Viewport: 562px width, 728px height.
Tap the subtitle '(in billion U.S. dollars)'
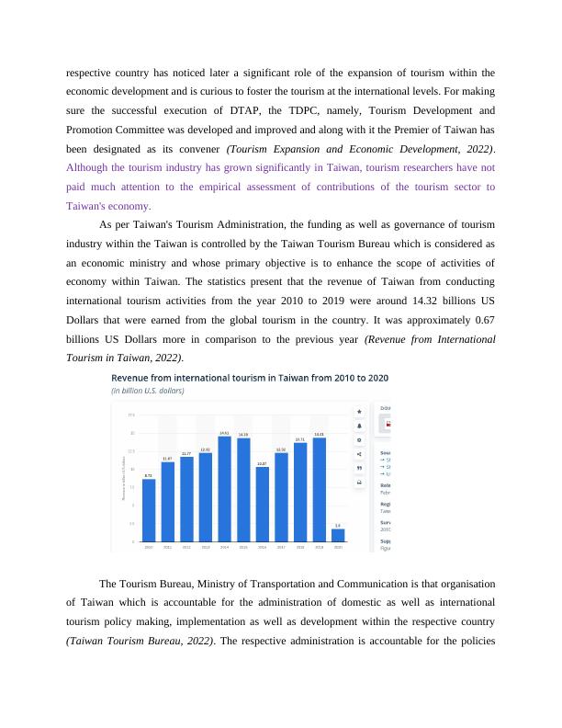tap(148, 390)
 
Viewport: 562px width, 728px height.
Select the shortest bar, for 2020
tap(338, 535)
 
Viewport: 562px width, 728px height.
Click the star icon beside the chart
tap(359, 410)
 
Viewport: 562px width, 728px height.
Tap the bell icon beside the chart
tap(359, 425)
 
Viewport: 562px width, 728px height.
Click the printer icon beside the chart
tap(359, 482)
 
